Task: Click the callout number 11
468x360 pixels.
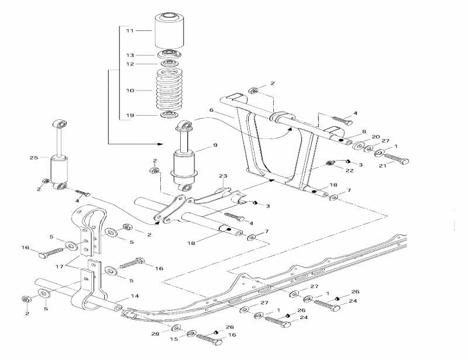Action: click(x=130, y=30)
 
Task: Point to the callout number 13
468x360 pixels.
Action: click(x=130, y=55)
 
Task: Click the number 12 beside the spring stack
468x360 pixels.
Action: click(x=130, y=64)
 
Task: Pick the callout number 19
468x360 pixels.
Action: click(x=130, y=115)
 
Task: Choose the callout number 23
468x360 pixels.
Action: click(x=222, y=176)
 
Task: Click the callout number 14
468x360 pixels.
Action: click(x=135, y=296)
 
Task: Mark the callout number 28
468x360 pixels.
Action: click(x=155, y=334)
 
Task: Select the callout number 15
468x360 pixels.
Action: click(x=174, y=339)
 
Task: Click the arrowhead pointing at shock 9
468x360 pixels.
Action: click(x=162, y=143)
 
